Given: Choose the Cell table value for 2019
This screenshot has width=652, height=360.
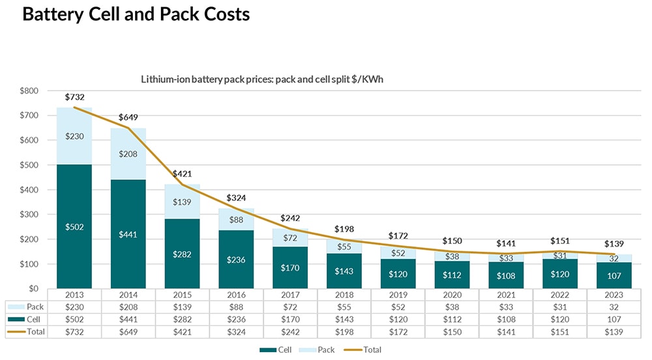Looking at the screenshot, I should point(398,320).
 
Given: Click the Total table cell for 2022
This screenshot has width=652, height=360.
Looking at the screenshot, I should point(558,332).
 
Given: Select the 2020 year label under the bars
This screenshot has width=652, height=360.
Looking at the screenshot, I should point(451,295).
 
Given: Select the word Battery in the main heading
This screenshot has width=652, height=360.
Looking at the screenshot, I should point(57,14).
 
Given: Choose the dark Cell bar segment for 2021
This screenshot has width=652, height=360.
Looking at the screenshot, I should point(505,275).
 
